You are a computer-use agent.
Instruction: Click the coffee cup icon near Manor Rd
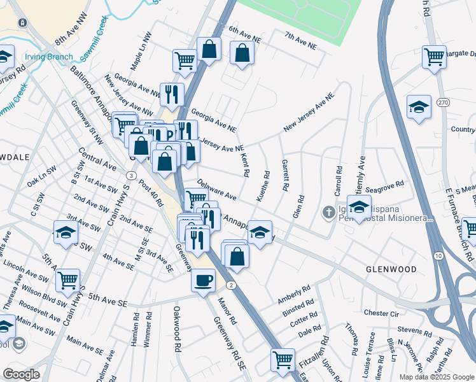click(203, 279)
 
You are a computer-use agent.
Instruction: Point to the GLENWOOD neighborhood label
click(391, 269)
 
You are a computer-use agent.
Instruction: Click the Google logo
click(21, 374)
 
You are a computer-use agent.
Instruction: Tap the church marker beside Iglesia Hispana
click(328, 211)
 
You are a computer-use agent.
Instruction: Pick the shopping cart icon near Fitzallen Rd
click(283, 359)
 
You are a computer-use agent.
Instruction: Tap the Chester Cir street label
click(381, 313)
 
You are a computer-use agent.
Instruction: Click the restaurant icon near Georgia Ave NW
click(171, 94)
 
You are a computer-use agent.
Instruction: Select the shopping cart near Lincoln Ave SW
click(67, 279)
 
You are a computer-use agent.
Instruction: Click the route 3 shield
click(130, 175)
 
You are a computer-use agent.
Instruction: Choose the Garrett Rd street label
click(285, 176)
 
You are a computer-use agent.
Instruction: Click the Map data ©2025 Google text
click(436, 376)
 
